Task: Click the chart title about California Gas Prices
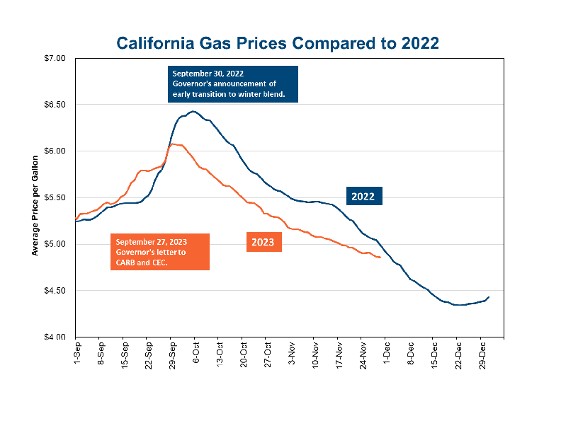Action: [x=278, y=43]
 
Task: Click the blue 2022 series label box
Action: [x=364, y=196]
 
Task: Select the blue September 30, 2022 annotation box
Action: [x=233, y=84]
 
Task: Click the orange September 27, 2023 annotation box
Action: [x=159, y=252]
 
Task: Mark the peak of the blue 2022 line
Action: [x=193, y=111]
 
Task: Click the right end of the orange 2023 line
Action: [x=380, y=258]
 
